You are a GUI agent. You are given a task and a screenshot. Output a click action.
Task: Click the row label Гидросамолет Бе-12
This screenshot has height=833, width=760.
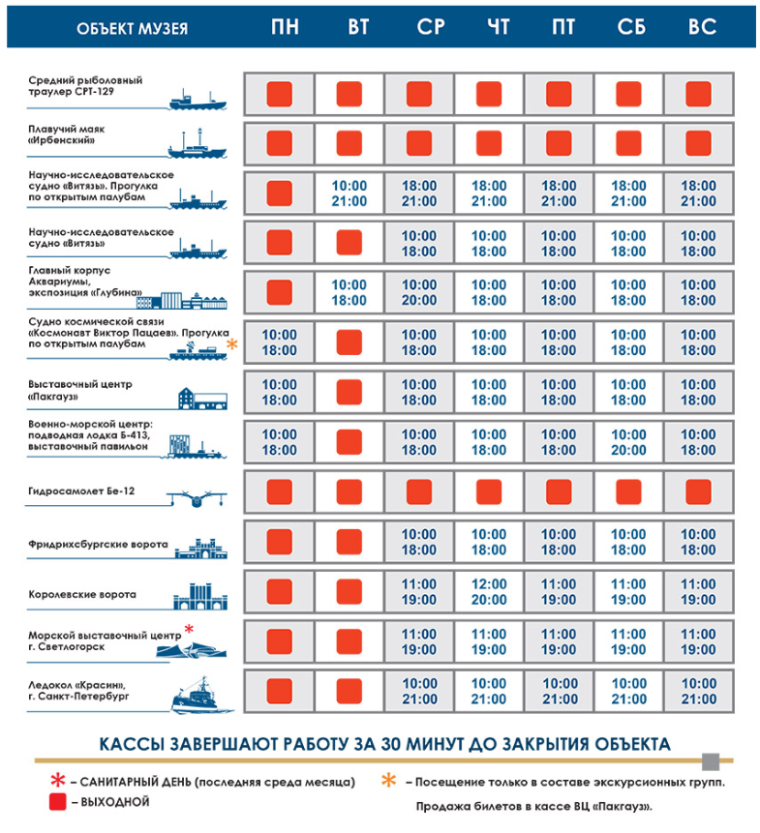click(x=82, y=491)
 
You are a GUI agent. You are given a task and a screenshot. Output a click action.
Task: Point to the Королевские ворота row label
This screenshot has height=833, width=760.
click(x=82, y=594)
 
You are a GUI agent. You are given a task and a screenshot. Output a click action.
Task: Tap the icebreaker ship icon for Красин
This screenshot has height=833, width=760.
click(x=200, y=695)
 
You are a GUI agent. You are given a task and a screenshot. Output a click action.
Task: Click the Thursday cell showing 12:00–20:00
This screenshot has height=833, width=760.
click(x=489, y=592)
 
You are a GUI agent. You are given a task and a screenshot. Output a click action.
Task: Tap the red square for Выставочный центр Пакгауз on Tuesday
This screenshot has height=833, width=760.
click(x=350, y=392)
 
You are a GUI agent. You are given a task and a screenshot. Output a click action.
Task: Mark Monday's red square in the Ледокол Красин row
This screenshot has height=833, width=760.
click(x=280, y=692)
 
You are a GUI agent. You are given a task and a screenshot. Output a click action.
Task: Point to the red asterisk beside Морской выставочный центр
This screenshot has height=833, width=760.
click(x=190, y=630)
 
